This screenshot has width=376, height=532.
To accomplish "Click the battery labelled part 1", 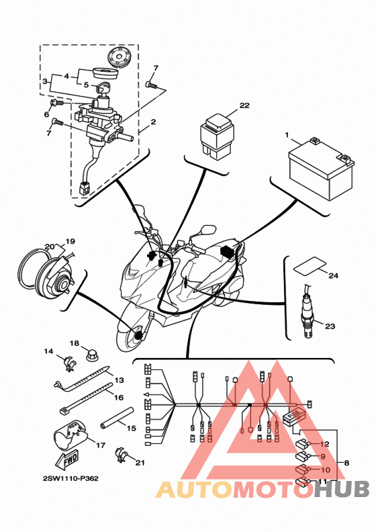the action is point(321,171).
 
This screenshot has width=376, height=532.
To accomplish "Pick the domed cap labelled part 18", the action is point(90,355).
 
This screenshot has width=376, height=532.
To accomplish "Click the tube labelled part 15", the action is point(116,418).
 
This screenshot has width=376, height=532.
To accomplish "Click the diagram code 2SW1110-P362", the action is point(70,478).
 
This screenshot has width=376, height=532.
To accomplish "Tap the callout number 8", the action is point(346,462).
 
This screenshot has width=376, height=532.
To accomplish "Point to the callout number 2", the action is point(153,122).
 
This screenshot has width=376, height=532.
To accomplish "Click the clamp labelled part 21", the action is point(122,455).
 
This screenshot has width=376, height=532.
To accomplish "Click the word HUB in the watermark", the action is point(341,490).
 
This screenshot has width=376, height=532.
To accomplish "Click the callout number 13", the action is point(120,380).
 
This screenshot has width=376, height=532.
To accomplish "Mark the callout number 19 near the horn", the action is point(70,242).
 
